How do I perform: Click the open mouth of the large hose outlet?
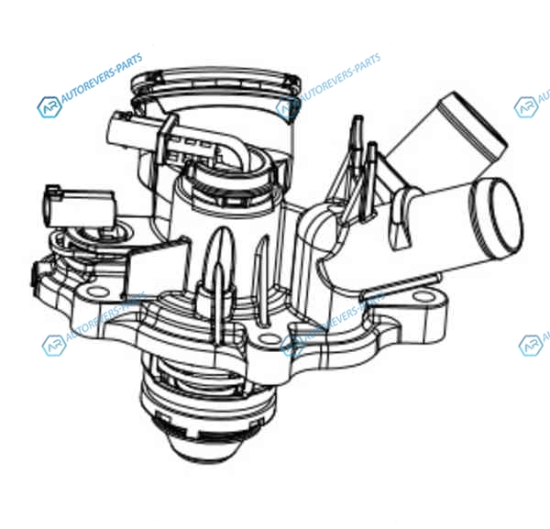(x=496, y=216)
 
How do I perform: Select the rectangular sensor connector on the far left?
(x=80, y=208)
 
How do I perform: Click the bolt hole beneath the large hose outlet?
(x=423, y=297)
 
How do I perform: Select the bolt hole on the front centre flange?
(x=269, y=339)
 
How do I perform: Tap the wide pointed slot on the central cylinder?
(x=220, y=252)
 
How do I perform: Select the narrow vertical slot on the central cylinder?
(x=261, y=277)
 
